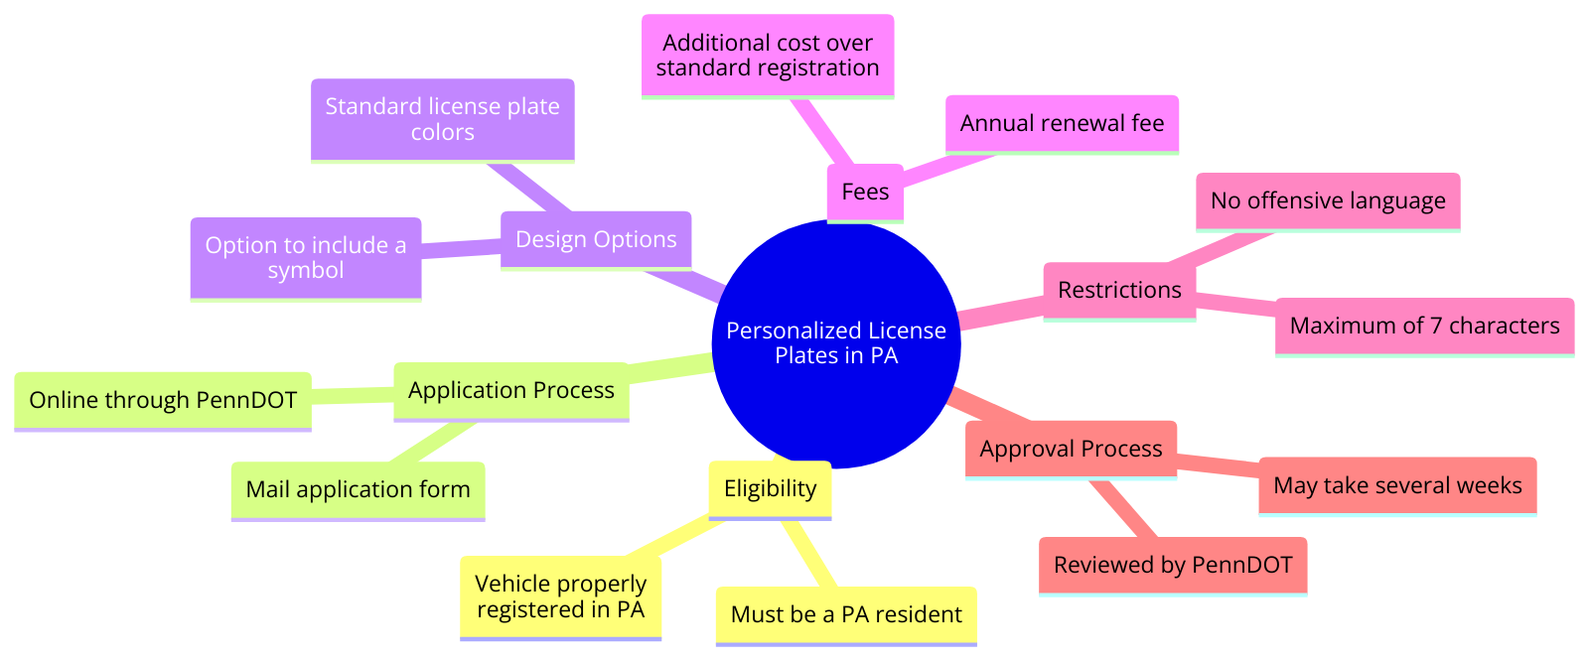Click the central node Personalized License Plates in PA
click(x=836, y=343)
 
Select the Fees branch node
click(x=865, y=192)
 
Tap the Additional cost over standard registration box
click(x=768, y=56)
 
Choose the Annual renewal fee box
click(x=1062, y=123)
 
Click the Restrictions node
click(x=1119, y=290)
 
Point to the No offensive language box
click(x=1328, y=200)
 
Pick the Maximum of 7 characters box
click(x=1424, y=326)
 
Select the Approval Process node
click(x=1071, y=449)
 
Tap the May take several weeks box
click(x=1397, y=485)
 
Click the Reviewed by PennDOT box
click(x=1173, y=565)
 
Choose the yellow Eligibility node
click(x=770, y=488)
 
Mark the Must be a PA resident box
click(x=846, y=614)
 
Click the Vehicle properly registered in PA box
click(x=560, y=596)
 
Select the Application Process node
click(x=511, y=390)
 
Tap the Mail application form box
click(x=358, y=489)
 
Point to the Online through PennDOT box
click(x=163, y=400)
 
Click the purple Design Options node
click(x=596, y=239)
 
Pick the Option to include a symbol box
click(x=306, y=258)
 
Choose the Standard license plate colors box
click(x=442, y=119)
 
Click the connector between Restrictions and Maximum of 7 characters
click(x=1236, y=307)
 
